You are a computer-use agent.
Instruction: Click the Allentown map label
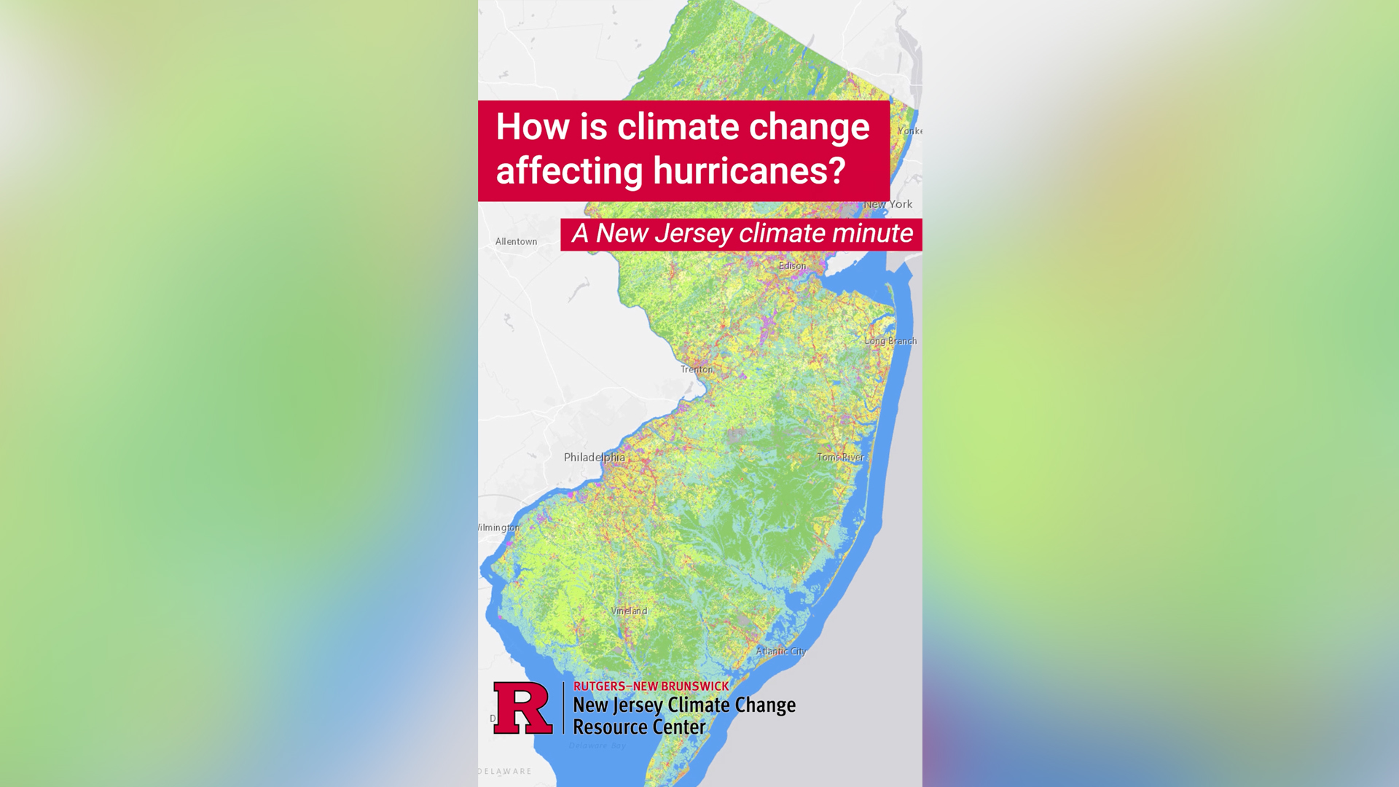click(516, 241)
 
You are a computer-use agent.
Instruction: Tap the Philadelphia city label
click(594, 457)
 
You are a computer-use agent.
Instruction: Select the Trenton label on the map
click(697, 369)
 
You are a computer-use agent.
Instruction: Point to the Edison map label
click(792, 266)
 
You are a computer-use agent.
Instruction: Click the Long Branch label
click(890, 341)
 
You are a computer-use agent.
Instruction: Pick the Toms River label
click(840, 457)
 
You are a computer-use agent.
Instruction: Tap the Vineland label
click(629, 611)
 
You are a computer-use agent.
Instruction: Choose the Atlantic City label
click(780, 651)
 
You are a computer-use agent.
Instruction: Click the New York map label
click(888, 205)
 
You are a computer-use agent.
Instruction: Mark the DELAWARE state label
click(505, 771)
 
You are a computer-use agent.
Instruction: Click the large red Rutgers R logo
click(522, 708)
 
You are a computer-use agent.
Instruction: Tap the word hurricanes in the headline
click(749, 171)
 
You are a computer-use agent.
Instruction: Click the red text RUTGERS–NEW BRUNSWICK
click(651, 686)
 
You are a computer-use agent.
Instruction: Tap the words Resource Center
click(639, 727)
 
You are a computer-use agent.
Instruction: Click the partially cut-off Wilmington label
click(499, 528)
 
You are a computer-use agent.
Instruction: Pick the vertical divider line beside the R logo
click(563, 708)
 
